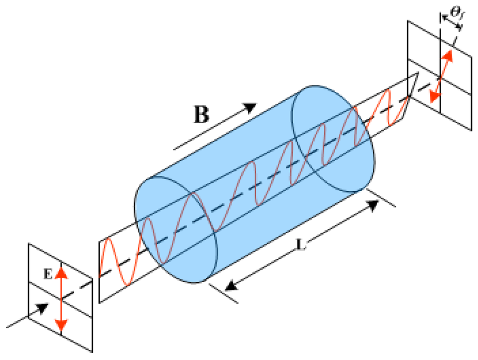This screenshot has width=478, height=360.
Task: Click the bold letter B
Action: pos(201,114)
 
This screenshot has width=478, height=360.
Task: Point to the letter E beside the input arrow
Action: pos(48,276)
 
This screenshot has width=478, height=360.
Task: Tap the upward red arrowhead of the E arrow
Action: pos(62,273)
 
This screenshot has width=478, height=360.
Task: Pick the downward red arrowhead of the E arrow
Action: pos(62,325)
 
